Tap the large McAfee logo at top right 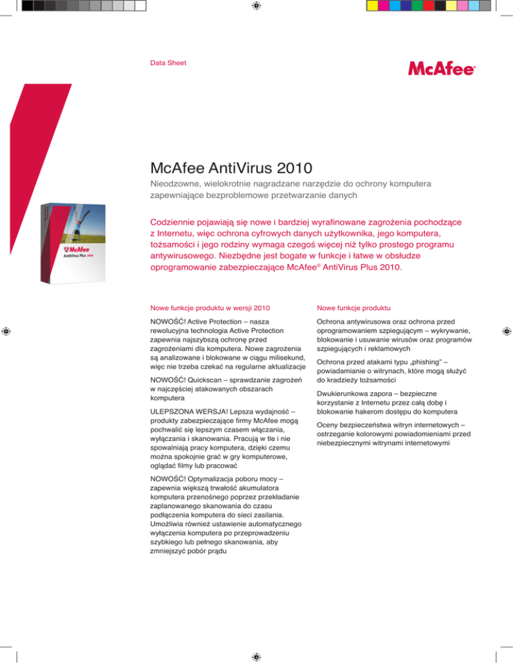[x=442, y=69]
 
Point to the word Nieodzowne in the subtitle [x=175, y=182]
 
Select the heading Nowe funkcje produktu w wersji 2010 [x=209, y=308]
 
